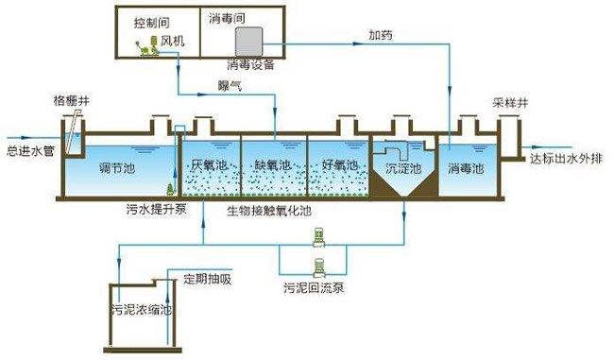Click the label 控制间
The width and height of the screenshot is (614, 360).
tap(151, 19)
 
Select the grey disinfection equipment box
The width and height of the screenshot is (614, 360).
tap(248, 41)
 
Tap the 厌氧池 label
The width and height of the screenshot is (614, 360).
tap(209, 164)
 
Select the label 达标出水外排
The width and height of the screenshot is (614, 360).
tap(565, 159)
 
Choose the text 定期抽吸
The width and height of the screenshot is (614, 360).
tap(204, 278)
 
